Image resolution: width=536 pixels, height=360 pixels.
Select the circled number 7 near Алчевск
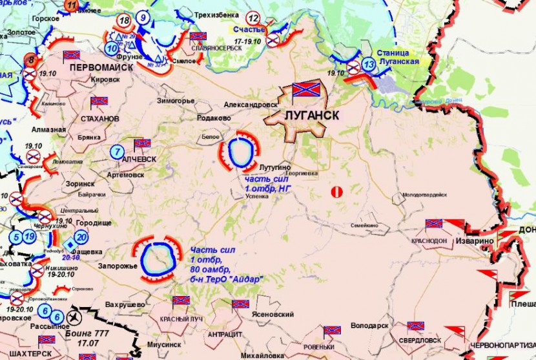pos(116,153)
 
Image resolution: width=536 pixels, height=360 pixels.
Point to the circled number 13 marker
pos(368,65)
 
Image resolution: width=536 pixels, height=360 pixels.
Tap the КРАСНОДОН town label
pos(429,240)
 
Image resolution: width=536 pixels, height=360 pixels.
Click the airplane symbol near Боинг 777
pos(74,317)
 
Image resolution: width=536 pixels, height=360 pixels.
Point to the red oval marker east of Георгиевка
pos(335,191)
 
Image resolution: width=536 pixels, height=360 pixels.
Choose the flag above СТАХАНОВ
pos(99,101)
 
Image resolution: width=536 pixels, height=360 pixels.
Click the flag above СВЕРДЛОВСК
pos(415,327)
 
